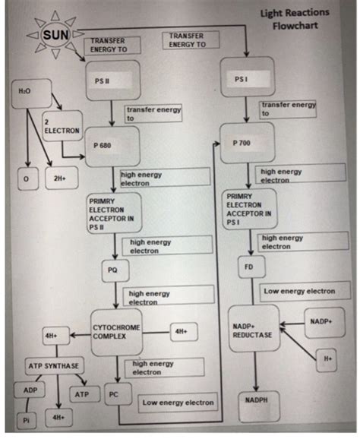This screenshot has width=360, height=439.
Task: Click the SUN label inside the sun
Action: click(55, 35)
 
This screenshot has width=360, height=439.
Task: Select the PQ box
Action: click(113, 269)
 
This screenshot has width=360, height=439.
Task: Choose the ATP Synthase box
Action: click(53, 365)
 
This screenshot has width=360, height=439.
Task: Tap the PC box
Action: click(114, 394)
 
